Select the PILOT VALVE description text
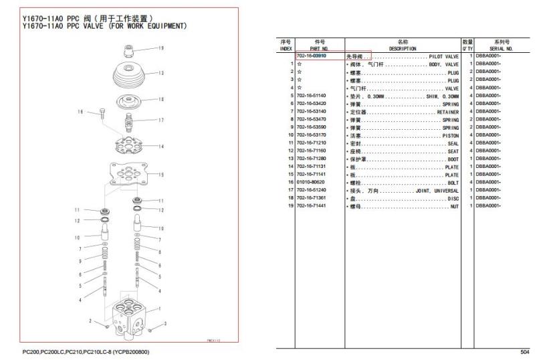tap(443, 57)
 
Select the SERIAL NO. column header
tap(502, 48)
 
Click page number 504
tap(524, 352)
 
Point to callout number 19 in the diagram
tap(161, 48)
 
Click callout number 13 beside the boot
tap(161, 72)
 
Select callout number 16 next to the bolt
tap(80, 112)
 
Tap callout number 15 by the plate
tap(161, 175)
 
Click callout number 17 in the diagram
tap(161, 120)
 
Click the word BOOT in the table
tap(453, 159)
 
